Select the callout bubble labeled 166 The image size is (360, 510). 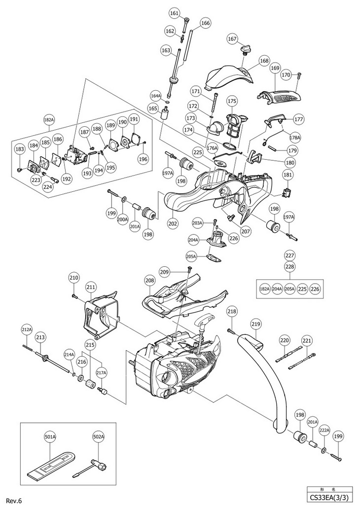(x=205, y=23)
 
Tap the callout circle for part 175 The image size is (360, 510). (x=231, y=101)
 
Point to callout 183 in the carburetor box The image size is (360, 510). (x=20, y=148)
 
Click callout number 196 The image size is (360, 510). (x=143, y=159)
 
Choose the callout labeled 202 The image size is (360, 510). (x=173, y=223)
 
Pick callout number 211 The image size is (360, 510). (x=90, y=287)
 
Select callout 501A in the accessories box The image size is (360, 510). (x=50, y=436)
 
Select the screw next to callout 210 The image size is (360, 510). (x=75, y=296)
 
